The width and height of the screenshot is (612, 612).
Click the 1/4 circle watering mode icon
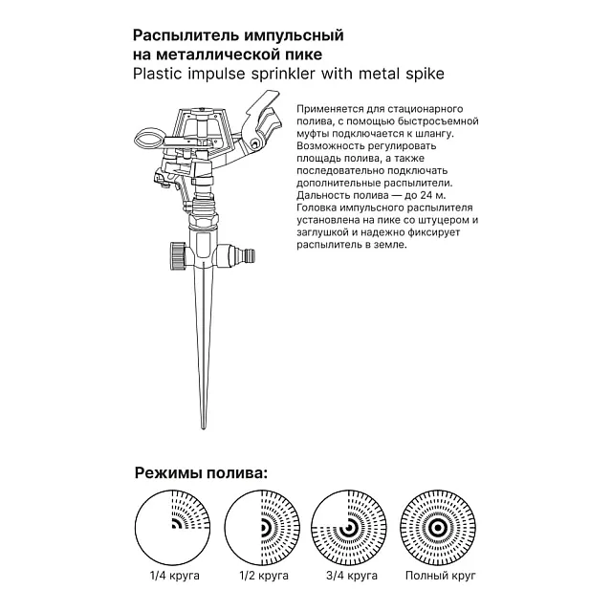coord(173,529)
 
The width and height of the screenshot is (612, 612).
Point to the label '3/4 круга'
coord(350,577)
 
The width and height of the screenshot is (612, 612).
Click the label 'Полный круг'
coord(439,577)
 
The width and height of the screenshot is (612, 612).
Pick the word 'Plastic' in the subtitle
coord(157,73)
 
